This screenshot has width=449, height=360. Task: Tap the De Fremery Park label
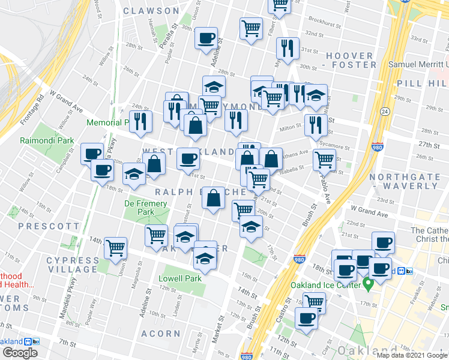coord(139,208)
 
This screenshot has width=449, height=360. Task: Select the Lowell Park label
coord(179,278)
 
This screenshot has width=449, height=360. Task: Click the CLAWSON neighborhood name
coord(151,11)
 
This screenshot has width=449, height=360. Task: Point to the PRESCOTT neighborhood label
coord(49,226)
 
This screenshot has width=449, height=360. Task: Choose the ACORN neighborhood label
coord(161,333)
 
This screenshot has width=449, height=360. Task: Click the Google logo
coord(20,353)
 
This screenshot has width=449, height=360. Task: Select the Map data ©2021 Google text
coord(412,355)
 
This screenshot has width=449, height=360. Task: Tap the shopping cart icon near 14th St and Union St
coord(115,247)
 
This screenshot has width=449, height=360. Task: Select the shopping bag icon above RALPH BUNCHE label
coord(213,197)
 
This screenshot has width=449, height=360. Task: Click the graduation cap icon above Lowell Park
coord(205,259)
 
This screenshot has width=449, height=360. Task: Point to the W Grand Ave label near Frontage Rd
coord(67,102)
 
